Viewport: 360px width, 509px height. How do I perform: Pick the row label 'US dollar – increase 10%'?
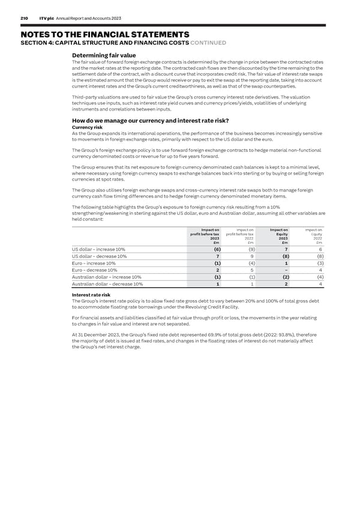[98, 250]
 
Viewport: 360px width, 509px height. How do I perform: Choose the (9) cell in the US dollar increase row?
[251, 250]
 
